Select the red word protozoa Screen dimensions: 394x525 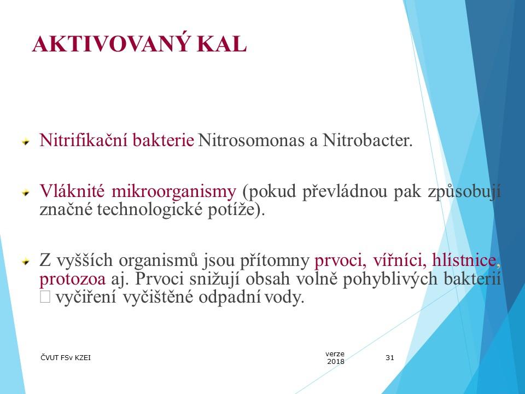(73, 279)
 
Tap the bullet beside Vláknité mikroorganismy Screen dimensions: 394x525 (25, 193)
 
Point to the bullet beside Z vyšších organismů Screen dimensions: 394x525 (25, 261)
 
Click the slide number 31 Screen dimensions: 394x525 (390, 358)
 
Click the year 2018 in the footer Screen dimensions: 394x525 (335, 362)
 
